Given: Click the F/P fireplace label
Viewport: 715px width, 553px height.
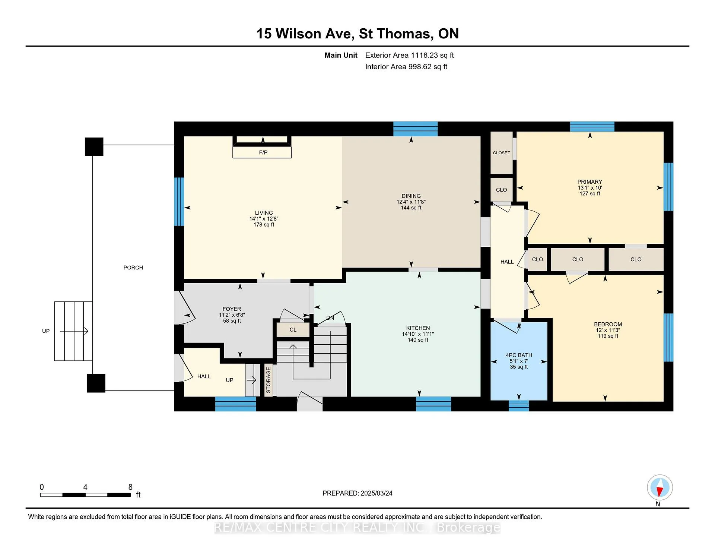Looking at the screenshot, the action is point(263,152).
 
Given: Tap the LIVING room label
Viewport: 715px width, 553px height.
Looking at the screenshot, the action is point(264,213).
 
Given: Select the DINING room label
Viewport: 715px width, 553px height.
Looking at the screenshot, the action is point(411,196).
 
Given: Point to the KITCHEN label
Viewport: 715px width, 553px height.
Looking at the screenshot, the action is point(418,328).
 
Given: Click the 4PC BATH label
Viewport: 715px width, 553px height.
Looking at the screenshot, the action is point(519,355).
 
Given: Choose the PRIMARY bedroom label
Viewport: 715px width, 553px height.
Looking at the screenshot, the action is point(590,182).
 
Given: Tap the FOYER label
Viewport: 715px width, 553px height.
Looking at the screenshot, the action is point(232,309).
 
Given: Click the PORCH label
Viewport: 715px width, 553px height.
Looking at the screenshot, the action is point(133,268).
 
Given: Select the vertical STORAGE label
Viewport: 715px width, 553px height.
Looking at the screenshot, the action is point(268,380).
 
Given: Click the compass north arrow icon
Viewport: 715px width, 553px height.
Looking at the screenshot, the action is point(660,488).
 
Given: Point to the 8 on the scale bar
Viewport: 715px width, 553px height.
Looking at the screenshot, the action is point(130,487).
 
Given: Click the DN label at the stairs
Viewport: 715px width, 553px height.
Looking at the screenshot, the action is point(330,318).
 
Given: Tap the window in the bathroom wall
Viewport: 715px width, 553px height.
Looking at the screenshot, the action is point(519,405).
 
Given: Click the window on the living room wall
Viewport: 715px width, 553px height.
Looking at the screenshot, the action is point(179,202).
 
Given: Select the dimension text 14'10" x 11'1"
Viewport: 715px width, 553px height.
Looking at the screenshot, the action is point(418,334).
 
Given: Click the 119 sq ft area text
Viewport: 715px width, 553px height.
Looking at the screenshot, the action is point(608,336).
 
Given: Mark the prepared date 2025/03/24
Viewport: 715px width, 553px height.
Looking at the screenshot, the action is point(376,493).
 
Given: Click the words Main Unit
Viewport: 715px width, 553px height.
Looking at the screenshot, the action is point(341,55).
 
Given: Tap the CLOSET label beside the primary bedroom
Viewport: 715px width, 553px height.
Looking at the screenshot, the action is point(502,153).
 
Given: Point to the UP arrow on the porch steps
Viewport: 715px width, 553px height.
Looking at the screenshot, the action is point(74,331).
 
